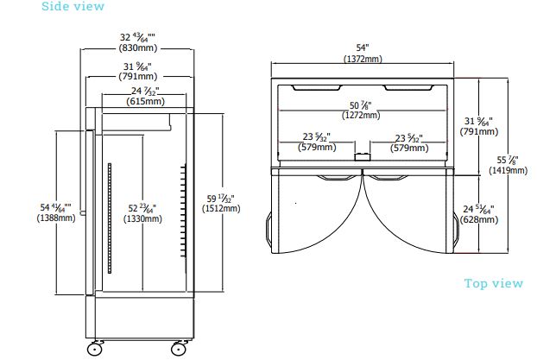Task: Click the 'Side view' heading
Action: pos(73,7)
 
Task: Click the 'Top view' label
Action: pos(493,283)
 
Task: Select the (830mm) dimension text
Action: pos(137,48)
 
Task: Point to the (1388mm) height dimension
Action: pos(56,218)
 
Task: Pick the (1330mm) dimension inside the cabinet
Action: pos(142,219)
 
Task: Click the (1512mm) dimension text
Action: pos(221,208)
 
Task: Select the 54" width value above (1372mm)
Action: pos(362,47)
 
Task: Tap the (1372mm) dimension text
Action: pos(362,59)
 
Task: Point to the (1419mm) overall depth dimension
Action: pos(508,171)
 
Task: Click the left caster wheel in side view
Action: pos(93,350)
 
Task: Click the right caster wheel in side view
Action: pos(179,350)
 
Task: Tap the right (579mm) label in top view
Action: pos(409,147)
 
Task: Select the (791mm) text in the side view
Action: pos(137,76)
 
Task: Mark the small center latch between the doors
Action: pos(363,157)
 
